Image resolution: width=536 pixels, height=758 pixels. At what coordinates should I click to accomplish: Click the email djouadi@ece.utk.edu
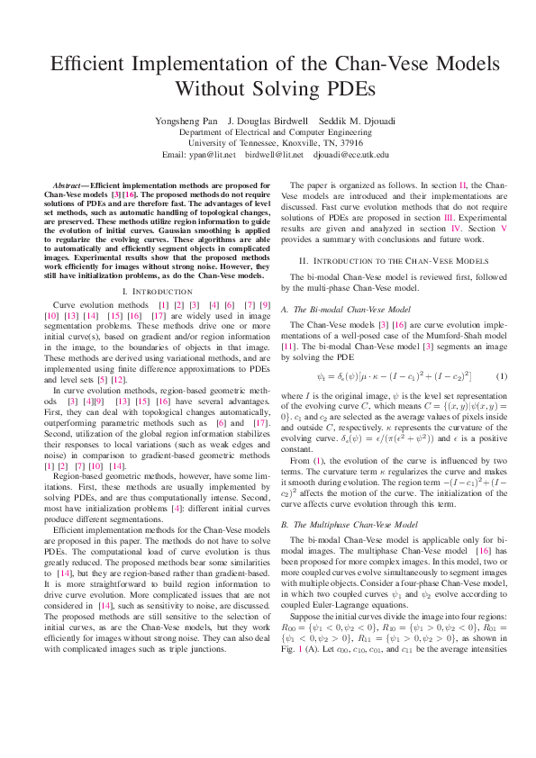click(x=351, y=154)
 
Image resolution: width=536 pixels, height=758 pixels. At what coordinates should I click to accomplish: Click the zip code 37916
click(x=348, y=142)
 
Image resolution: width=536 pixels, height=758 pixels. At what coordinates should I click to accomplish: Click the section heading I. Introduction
click(x=156, y=292)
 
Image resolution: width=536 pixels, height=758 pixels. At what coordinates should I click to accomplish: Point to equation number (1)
click(x=502, y=374)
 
